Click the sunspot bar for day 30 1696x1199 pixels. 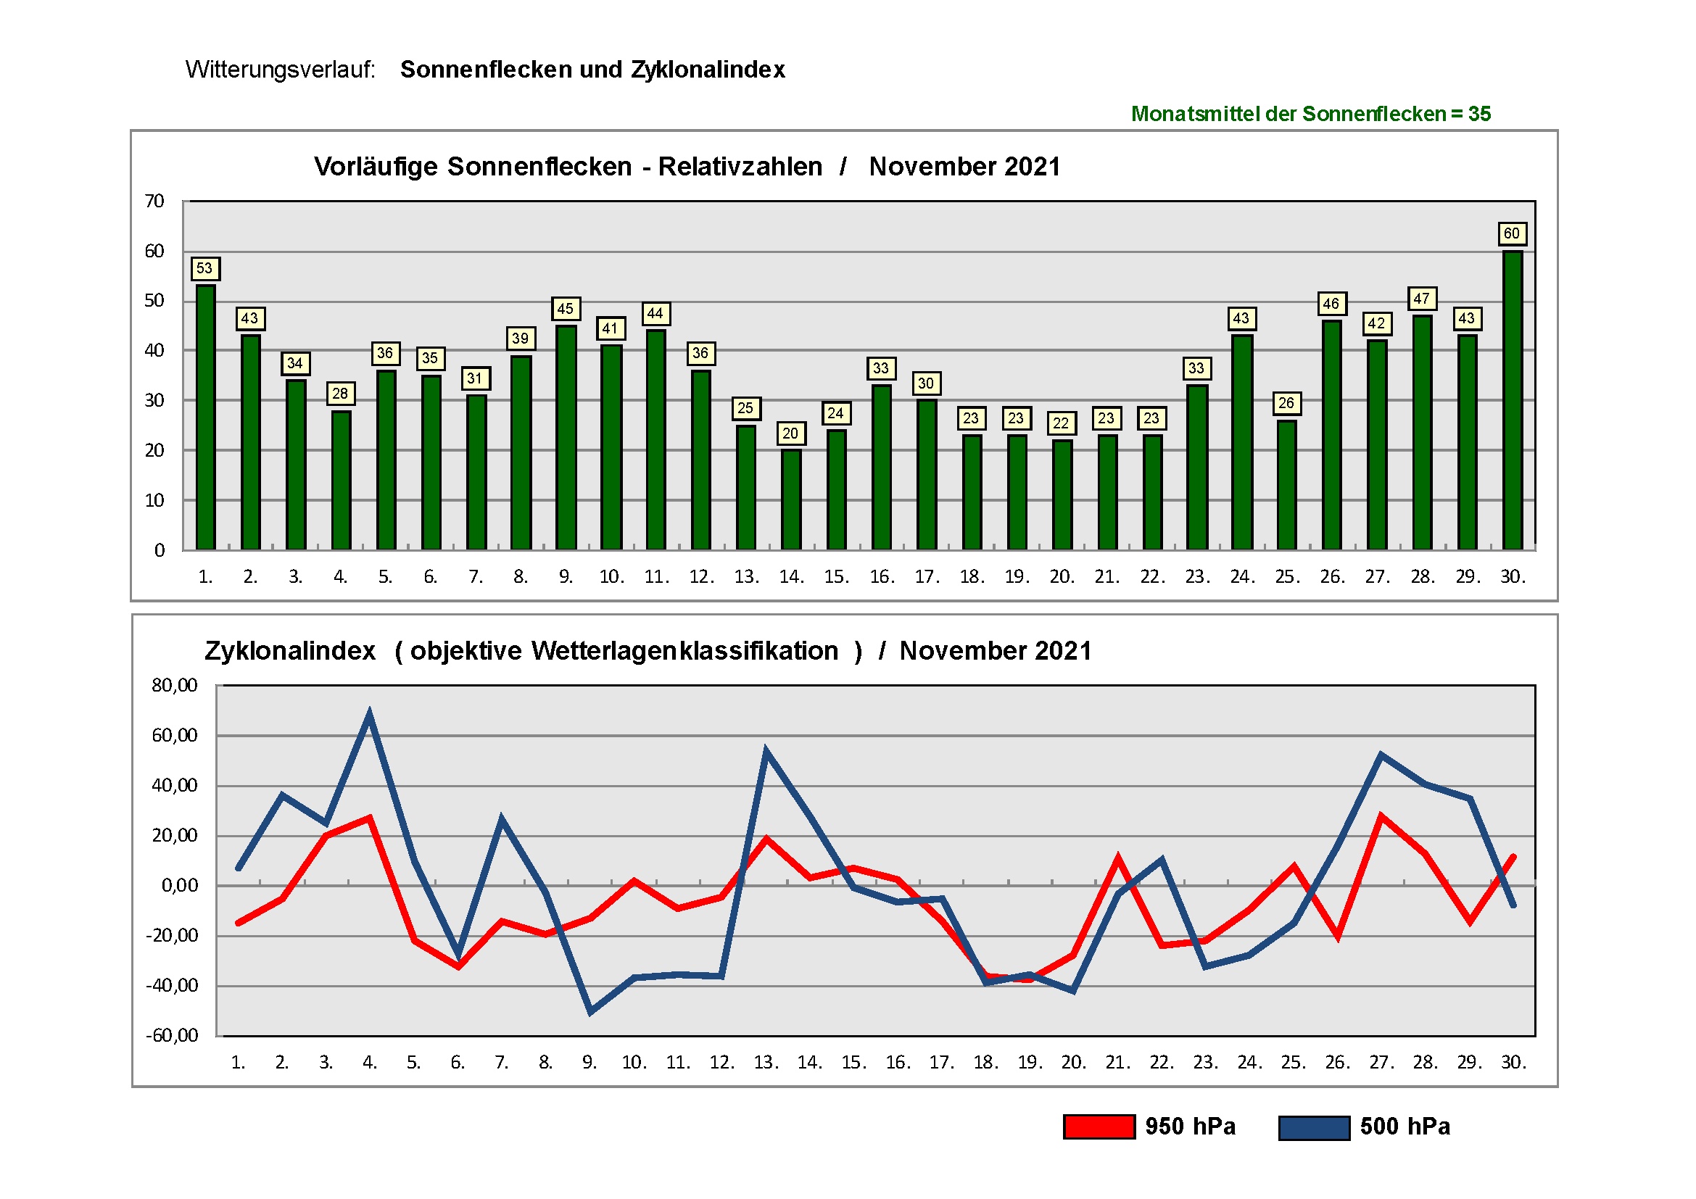tap(1512, 402)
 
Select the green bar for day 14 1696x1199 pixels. tap(790, 500)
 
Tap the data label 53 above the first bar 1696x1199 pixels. tap(204, 269)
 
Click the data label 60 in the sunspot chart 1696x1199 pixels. tap(1511, 234)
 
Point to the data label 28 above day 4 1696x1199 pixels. tap(340, 394)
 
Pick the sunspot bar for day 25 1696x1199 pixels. tap(1286, 485)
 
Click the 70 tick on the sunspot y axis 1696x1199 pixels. tap(154, 202)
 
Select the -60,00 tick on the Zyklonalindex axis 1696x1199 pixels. tap(172, 1035)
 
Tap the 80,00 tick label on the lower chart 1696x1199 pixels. tap(174, 685)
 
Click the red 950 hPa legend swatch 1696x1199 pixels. tap(1099, 1127)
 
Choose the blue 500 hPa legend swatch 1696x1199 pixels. tap(1314, 1127)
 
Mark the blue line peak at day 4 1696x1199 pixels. tap(369, 714)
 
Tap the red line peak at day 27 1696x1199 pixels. tap(1381, 817)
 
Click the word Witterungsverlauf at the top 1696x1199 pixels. tap(280, 70)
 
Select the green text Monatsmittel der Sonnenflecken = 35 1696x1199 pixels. tap(1310, 115)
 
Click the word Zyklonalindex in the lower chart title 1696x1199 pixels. tap(289, 651)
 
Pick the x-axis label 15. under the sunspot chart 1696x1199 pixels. tap(836, 576)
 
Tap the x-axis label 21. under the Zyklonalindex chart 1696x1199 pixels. tap(1117, 1063)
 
